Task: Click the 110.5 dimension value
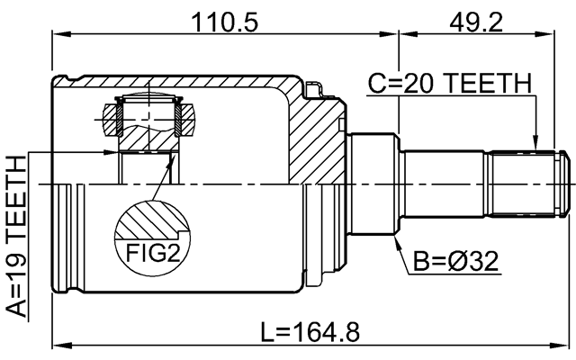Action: point(221,20)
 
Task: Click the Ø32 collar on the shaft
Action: point(373,184)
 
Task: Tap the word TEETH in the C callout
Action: point(490,84)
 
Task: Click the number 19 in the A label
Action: point(18,269)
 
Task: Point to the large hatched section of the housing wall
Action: point(315,135)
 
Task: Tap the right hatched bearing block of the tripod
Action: point(187,114)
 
